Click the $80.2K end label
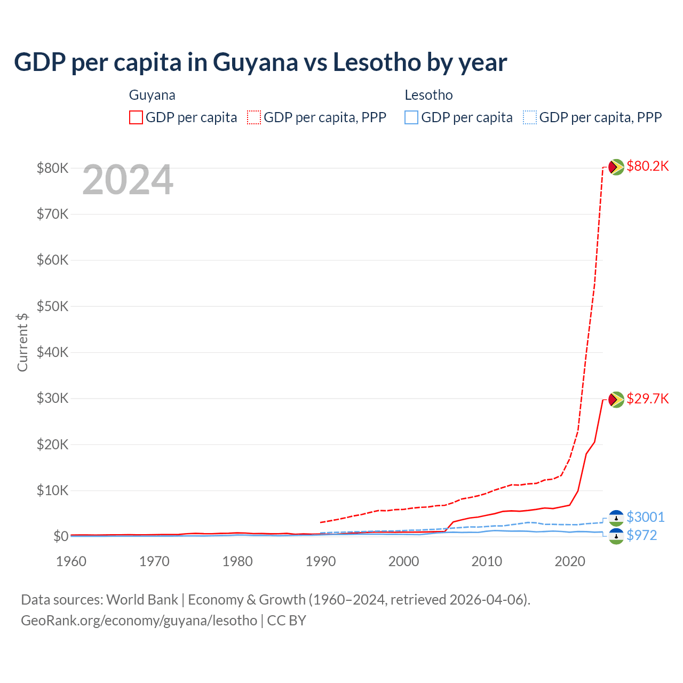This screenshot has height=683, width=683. point(647,166)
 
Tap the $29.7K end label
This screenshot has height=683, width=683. point(647,399)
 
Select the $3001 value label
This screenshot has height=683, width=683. point(645,518)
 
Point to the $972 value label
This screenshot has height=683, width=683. point(641,536)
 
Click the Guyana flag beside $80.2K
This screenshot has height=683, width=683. point(616,167)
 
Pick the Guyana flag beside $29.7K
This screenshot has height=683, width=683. point(616,400)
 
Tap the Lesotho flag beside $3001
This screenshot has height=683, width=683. point(616,518)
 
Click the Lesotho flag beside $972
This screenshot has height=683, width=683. point(616,536)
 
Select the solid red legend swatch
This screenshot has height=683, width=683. point(136,117)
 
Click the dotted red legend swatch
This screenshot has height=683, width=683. point(254,117)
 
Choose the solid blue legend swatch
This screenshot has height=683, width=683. point(411,117)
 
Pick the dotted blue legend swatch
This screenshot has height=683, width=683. point(530,117)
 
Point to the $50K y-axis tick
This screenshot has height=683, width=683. point(52,307)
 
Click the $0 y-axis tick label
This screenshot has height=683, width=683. point(60,537)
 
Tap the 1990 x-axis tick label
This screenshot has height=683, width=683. point(321,561)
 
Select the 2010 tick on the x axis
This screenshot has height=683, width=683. point(487,561)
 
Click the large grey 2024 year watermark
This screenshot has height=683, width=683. point(128,180)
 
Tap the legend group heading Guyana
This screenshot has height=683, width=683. point(152,95)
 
